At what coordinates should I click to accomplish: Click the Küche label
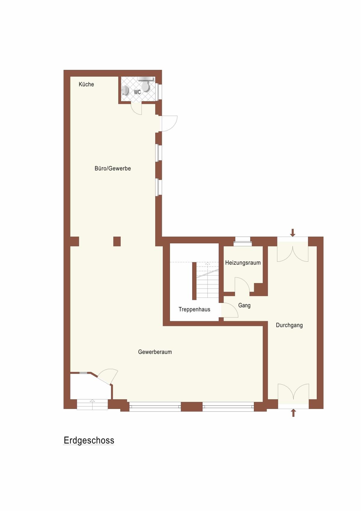86,84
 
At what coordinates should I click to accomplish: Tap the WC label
137,92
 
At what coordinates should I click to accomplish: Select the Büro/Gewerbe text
113,168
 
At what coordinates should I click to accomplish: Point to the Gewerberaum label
155,352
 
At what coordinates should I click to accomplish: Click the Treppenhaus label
194,309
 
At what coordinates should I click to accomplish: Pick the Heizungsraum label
243,263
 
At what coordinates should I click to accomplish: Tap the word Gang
244,305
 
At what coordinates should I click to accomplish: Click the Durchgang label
289,325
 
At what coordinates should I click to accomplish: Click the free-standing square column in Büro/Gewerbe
117,241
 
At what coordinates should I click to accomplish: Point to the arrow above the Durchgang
293,232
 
